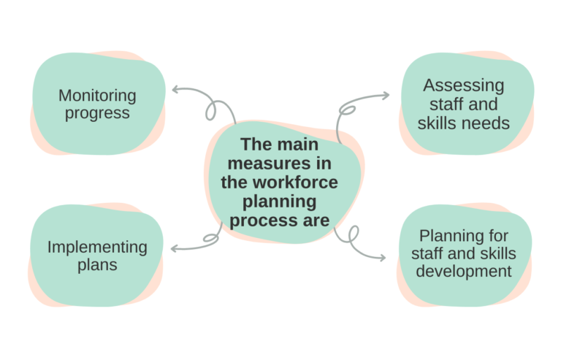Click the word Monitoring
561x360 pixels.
pos(97,96)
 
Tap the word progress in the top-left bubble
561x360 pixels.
pos(97,113)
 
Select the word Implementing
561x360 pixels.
pos(97,247)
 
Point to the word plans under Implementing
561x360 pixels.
pos(97,264)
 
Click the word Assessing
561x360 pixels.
pos(463,86)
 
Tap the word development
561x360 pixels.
pos(463,272)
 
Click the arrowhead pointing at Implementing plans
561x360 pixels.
pos(173,249)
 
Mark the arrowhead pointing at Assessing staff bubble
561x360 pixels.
pos(386,96)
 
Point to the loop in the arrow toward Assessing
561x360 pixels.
pos(348,111)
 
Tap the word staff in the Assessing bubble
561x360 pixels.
pos(446,104)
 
